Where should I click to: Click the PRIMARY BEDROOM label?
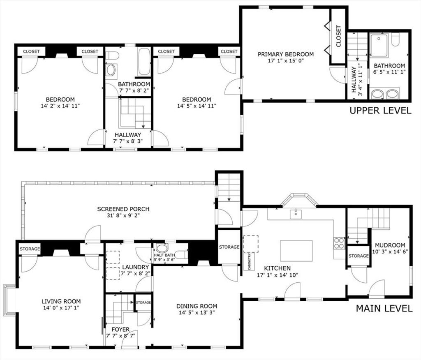286,54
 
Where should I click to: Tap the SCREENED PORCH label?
123,209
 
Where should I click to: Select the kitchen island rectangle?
296,251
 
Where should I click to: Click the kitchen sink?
296,214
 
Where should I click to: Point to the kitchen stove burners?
339,243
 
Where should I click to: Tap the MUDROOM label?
390,245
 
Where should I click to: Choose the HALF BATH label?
164,255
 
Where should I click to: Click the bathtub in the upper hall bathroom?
144,62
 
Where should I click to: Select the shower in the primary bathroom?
379,45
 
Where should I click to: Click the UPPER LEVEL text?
380,110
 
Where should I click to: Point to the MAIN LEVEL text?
384,309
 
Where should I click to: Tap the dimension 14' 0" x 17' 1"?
61,308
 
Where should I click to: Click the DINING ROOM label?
197,306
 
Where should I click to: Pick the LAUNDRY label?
135,267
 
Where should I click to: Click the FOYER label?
120,330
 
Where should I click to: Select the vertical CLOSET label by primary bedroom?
339,36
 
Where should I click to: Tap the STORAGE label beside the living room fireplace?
30,249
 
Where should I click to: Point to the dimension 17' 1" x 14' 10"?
278,275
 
